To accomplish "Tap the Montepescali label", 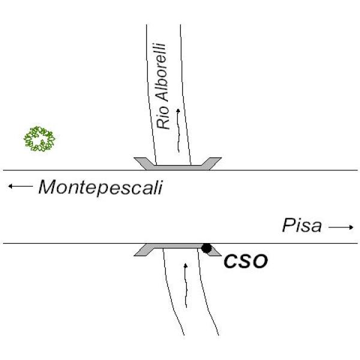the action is pyautogui.click(x=101, y=188).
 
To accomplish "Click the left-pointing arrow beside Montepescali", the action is pyautogui.click(x=20, y=186).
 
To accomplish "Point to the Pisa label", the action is pyautogui.click(x=302, y=226).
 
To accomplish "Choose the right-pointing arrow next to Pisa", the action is pyautogui.click(x=341, y=227).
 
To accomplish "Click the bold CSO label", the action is pyautogui.click(x=245, y=261).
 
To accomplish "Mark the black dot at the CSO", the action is pyautogui.click(x=206, y=248).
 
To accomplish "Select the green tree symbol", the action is pyautogui.click(x=40, y=139).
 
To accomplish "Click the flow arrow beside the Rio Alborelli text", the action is pyautogui.click(x=178, y=130).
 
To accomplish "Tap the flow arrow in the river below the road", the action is pyautogui.click(x=186, y=286).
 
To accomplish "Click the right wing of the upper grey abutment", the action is pyautogui.click(x=212, y=163).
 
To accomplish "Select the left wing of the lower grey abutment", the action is pyautogui.click(x=143, y=250).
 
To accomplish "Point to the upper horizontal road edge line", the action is pyautogui.click(x=180, y=170).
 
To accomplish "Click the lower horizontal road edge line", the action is pyautogui.click(x=180, y=244).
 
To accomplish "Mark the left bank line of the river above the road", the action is pyautogui.click(x=151, y=95).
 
